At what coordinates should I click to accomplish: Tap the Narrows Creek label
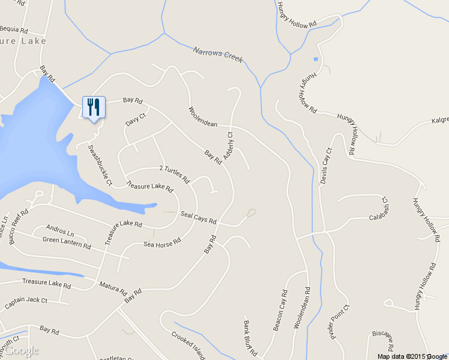tap(218, 55)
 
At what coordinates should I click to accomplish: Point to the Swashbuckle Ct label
tap(100, 164)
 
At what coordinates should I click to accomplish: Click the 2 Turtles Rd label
tap(174, 174)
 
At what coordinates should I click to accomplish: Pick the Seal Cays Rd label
tap(198, 218)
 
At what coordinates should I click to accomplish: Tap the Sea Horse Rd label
tap(162, 244)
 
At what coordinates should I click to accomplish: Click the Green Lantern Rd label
tap(67, 242)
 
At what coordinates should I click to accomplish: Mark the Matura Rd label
tap(113, 289)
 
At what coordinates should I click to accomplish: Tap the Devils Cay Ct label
tap(325, 166)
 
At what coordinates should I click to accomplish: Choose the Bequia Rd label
tap(15, 29)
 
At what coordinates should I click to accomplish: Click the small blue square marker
tap(316, 59)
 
